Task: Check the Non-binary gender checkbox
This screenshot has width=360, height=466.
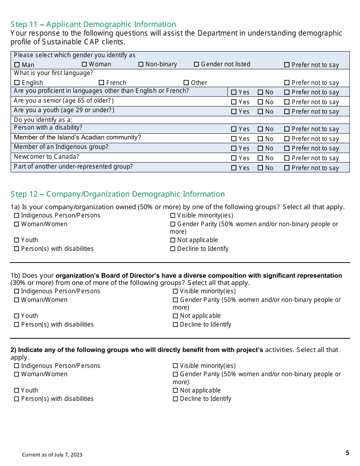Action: [141, 64]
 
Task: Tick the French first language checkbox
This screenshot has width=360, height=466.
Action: [101, 83]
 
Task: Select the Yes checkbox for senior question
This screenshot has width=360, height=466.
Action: [234, 102]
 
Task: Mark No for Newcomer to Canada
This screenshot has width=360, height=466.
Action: [260, 158]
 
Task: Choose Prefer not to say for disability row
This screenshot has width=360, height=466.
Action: [287, 129]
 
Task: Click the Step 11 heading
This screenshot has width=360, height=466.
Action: [93, 24]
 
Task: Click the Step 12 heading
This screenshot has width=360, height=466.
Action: [117, 194]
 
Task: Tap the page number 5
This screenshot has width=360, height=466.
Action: [347, 453]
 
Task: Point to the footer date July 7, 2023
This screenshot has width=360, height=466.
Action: [52, 455]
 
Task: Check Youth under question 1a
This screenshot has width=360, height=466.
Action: [16, 240]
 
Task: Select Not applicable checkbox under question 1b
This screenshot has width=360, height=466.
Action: [175, 316]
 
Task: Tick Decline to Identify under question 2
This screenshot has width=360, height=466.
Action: [175, 399]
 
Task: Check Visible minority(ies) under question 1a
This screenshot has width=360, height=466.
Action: [173, 216]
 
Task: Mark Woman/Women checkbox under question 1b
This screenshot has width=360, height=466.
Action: [16, 300]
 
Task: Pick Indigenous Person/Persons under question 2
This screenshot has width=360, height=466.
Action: [16, 366]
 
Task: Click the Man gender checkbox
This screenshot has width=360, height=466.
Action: [17, 65]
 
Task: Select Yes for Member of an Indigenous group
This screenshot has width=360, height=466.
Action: [234, 149]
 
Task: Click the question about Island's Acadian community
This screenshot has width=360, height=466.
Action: [77, 138]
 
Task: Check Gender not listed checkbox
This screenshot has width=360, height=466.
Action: [196, 64]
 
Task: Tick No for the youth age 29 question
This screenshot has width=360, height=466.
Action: [260, 112]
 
